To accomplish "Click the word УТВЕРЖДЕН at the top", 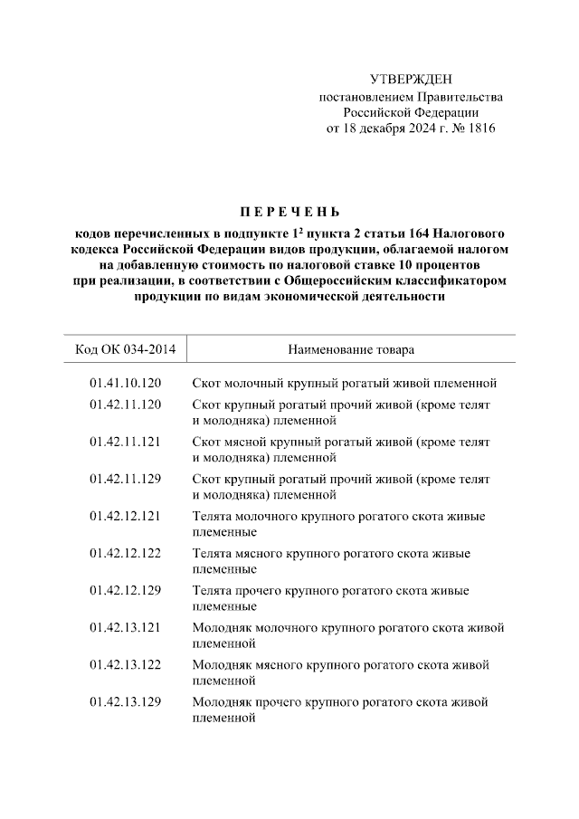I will [x=410, y=81].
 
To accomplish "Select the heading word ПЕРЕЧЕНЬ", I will [x=289, y=214].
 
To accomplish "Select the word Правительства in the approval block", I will [x=462, y=97].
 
